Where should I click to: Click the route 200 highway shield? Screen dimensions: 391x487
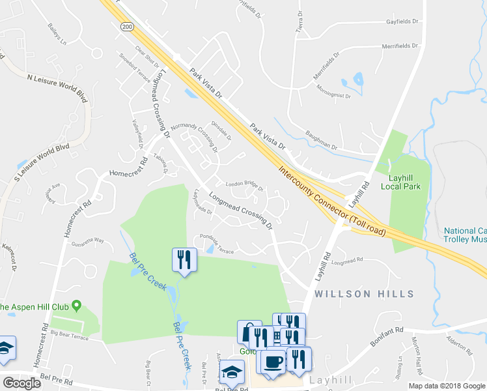tap(127, 26)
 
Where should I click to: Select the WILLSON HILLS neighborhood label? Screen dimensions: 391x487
tap(364, 293)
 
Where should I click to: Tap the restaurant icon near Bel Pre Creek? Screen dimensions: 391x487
tap(184, 260)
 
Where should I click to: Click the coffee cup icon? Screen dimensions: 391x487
tap(272, 360)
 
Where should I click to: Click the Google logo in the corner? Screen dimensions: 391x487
tap(22, 383)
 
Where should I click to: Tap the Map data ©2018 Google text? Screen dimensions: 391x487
tap(447, 386)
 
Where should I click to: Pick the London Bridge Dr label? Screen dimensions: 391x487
tap(244, 185)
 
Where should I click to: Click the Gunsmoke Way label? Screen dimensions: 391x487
tap(89, 240)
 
